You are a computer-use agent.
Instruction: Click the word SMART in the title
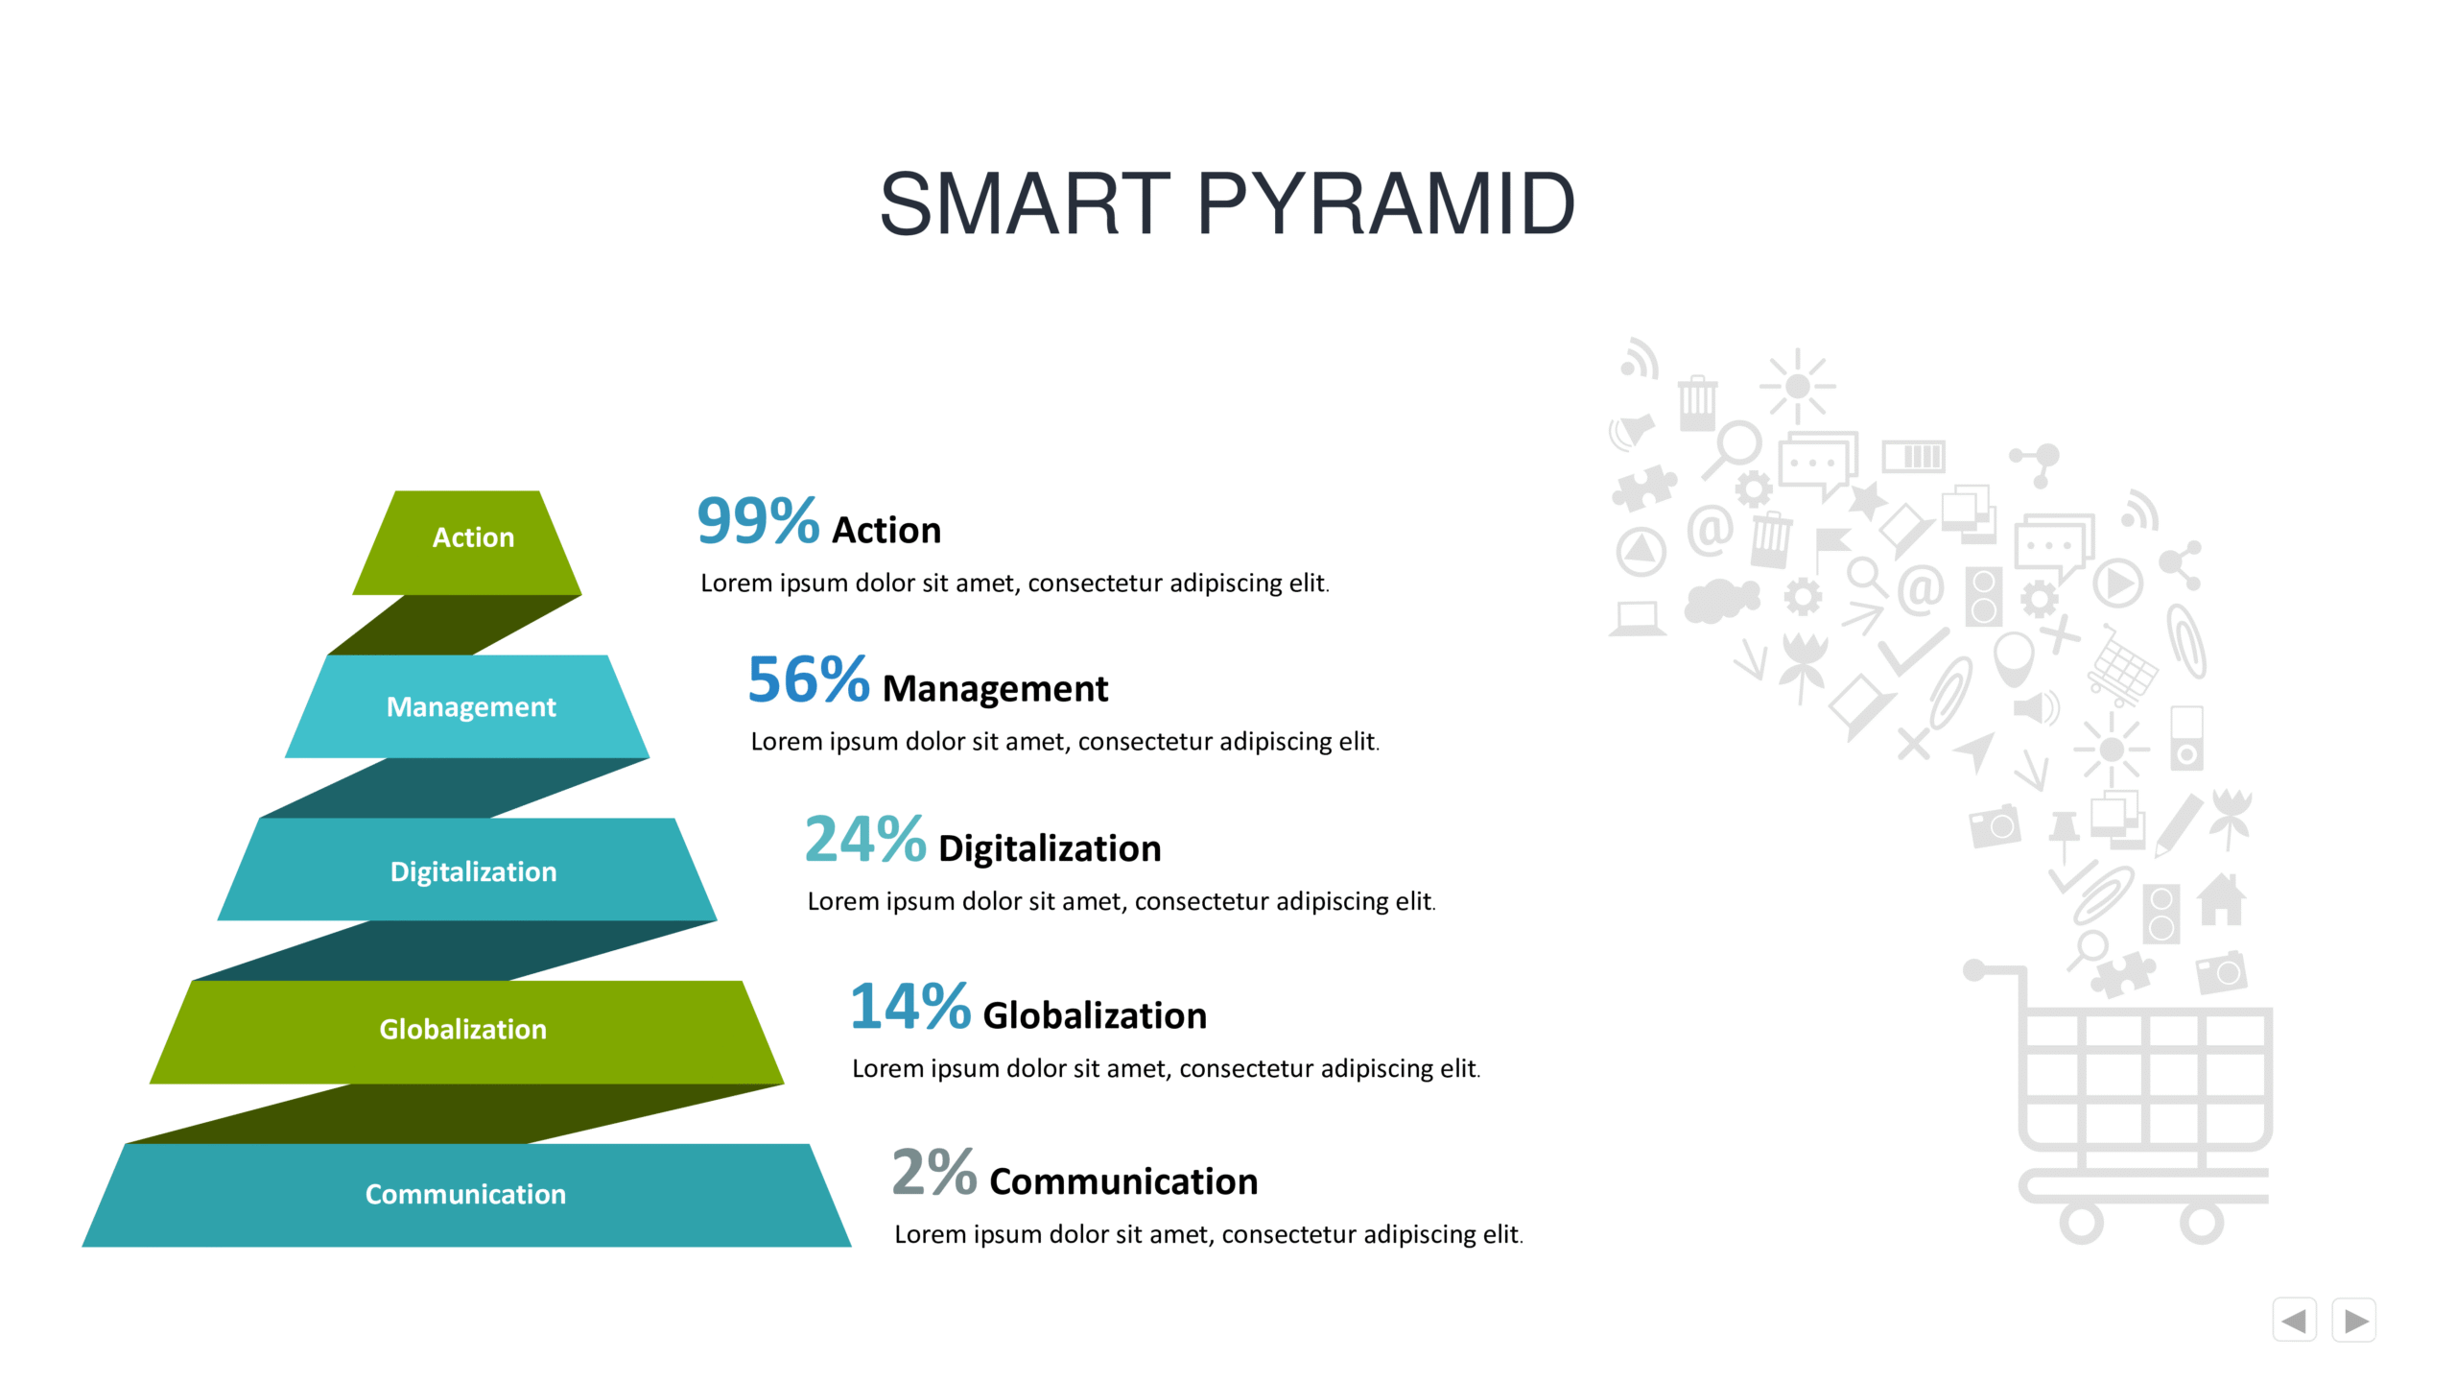1025,203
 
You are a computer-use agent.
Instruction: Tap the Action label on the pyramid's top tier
473,537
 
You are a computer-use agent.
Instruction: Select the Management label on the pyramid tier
471,707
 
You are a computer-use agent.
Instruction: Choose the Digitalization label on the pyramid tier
473,871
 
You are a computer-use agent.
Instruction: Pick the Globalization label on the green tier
463,1029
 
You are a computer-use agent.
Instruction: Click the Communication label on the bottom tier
465,1194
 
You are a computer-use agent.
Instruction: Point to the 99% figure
758,521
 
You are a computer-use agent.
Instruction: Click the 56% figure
809,679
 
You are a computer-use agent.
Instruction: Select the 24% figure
865,839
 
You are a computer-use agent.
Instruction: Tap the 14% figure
910,1006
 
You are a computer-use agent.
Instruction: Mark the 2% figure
934,1172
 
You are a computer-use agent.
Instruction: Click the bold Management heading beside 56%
995,690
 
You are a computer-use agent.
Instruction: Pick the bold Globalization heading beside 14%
1095,1015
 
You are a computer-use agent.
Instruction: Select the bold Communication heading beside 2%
1123,1181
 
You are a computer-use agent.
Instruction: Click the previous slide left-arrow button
2294,1321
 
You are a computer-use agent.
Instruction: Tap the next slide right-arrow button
2354,1321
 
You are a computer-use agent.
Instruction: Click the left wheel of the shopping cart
2081,1223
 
